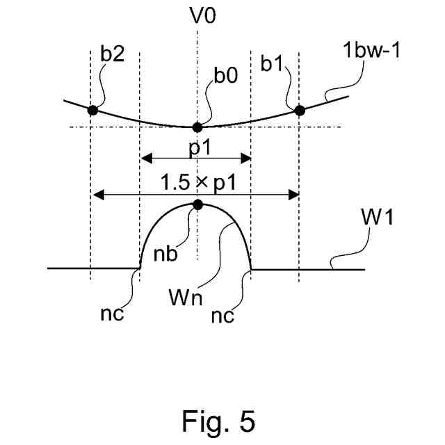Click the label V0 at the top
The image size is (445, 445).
pyautogui.click(x=203, y=15)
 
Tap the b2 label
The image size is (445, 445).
pyautogui.click(x=113, y=54)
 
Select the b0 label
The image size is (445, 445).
pyautogui.click(x=225, y=75)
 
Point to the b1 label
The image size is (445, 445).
pyautogui.click(x=272, y=63)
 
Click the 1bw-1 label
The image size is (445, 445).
pyautogui.click(x=371, y=50)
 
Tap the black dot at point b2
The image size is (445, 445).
pyautogui.click(x=92, y=110)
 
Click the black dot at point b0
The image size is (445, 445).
pyautogui.click(x=197, y=127)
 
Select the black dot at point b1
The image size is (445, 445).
pyautogui.click(x=300, y=111)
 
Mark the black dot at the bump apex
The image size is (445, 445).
pyautogui.click(x=197, y=204)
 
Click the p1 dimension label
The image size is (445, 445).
pyautogui.click(x=200, y=147)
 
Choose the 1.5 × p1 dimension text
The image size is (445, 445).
pyautogui.click(x=198, y=182)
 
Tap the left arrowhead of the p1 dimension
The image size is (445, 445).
pyautogui.click(x=147, y=158)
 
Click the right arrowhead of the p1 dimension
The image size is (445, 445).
pyautogui.click(x=245, y=158)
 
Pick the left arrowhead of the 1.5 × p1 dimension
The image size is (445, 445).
pyautogui.click(x=98, y=195)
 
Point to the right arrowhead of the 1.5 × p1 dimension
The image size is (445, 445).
pyautogui.click(x=293, y=195)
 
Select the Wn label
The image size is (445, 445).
pyautogui.click(x=186, y=297)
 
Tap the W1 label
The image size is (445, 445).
pyautogui.click(x=377, y=217)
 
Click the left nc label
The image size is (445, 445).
pyautogui.click(x=112, y=314)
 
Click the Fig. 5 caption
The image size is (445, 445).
pyautogui.click(x=218, y=421)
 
